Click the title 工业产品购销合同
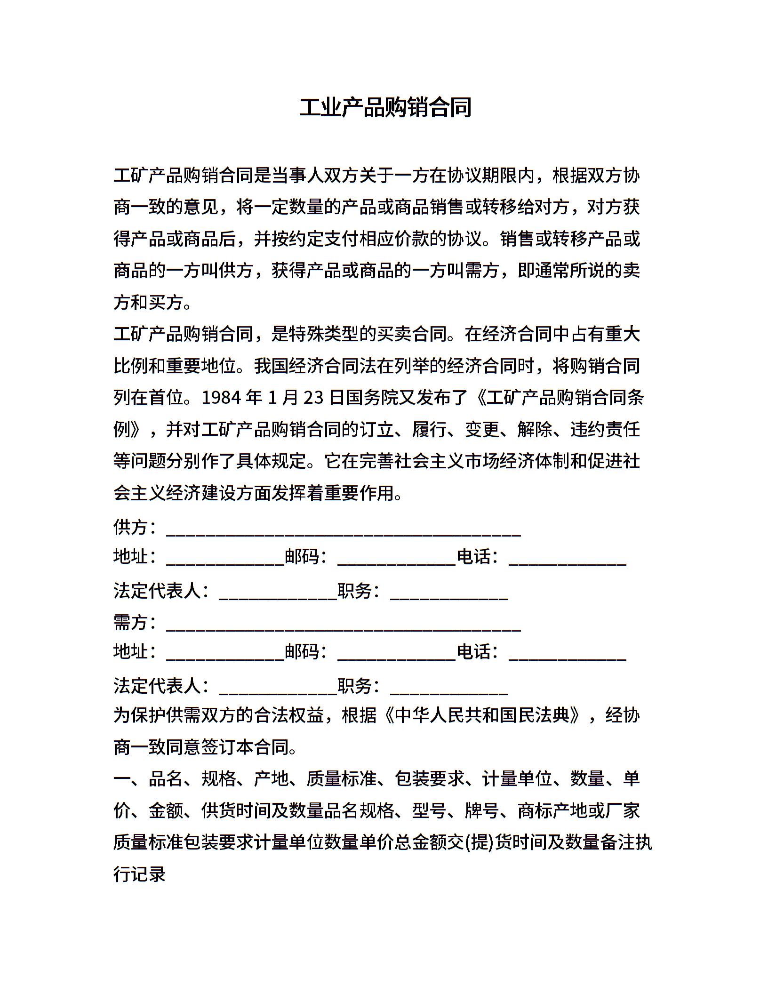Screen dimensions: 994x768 (x=385, y=108)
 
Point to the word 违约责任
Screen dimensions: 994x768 (x=605, y=430)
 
